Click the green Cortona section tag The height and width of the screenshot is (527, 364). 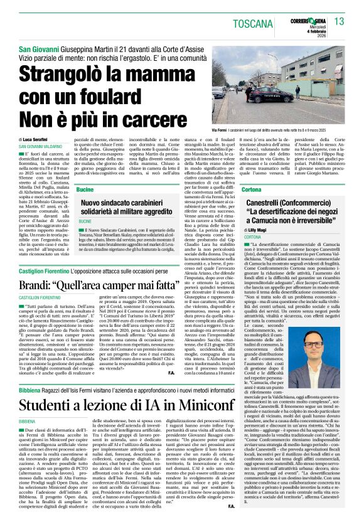[251, 189]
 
